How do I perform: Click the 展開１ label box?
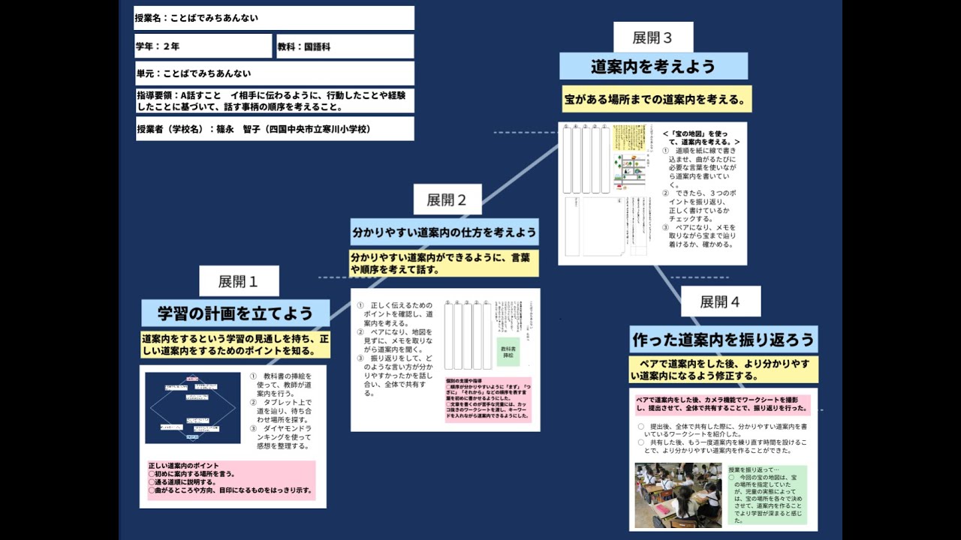point(239,281)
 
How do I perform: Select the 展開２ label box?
point(447,199)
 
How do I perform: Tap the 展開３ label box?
point(652,37)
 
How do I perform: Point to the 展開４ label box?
point(720,301)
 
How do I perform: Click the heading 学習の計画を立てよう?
point(234,313)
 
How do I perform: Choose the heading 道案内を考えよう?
point(653,66)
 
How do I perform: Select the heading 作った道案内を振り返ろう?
point(723,340)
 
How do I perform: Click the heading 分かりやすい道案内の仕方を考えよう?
point(444,232)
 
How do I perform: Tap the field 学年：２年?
point(203,46)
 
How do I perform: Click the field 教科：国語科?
point(345,46)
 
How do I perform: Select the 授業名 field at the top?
point(274,18)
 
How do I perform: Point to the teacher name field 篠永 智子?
point(274,129)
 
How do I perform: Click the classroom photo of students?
point(678,495)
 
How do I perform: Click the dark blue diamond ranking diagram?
point(193,408)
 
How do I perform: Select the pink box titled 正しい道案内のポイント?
point(231,480)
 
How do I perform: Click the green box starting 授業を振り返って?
point(767,495)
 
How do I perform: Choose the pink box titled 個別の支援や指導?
point(488,400)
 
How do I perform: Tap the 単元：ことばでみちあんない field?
point(274,73)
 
